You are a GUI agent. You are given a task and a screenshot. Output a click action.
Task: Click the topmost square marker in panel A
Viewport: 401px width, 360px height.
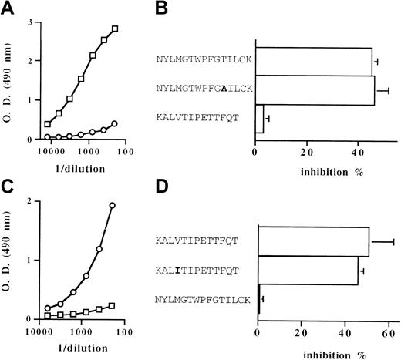pyautogui.click(x=115, y=29)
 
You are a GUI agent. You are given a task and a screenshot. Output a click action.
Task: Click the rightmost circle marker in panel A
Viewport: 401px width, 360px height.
pyautogui.click(x=115, y=123)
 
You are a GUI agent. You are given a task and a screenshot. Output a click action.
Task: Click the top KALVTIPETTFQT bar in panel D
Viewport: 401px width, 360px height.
pyautogui.click(x=314, y=242)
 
